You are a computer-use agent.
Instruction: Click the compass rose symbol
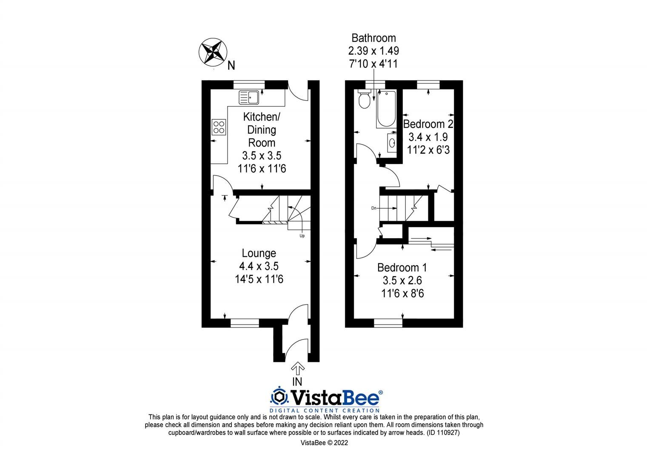[212, 52]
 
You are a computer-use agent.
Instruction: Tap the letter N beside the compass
[231, 66]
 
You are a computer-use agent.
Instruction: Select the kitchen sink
[249, 98]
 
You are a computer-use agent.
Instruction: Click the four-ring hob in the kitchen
[219, 126]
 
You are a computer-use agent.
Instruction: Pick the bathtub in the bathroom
[386, 109]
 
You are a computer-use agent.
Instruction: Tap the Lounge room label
[259, 253]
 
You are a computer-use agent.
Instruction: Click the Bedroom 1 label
[402, 267]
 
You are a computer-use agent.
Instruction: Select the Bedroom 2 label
[428, 124]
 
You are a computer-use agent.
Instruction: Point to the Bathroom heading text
[373, 38]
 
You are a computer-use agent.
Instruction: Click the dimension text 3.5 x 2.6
[402, 281]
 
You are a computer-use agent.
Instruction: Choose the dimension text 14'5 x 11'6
[259, 279]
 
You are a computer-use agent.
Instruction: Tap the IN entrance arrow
[297, 368]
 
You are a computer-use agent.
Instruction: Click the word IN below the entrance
[297, 382]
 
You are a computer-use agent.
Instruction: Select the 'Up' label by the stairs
[302, 236]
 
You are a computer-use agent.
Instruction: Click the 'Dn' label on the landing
[373, 208]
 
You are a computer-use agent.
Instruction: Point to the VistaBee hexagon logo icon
[279, 397]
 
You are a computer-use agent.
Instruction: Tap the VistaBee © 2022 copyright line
[324, 443]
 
